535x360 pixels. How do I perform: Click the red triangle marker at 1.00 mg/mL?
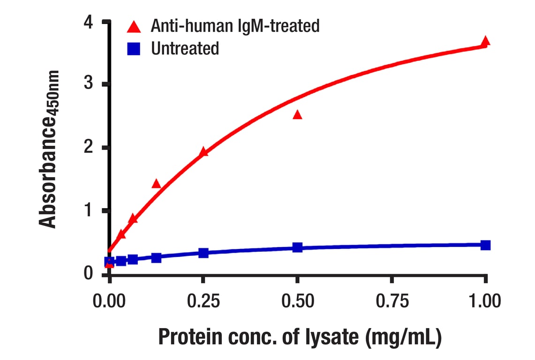(x=485, y=41)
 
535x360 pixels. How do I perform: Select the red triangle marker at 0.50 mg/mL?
(x=297, y=115)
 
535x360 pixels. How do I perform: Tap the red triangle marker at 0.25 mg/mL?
(x=203, y=152)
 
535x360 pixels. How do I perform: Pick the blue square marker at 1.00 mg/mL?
(x=485, y=245)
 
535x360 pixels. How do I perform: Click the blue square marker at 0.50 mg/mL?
(x=297, y=247)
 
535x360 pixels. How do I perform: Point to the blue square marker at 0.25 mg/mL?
(x=203, y=253)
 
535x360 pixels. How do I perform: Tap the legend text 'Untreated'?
(x=185, y=48)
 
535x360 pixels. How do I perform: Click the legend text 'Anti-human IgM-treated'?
(x=235, y=26)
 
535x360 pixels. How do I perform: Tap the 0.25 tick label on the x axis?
(x=203, y=300)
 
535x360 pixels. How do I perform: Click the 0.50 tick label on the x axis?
(x=297, y=300)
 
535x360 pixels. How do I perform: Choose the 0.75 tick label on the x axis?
(x=391, y=300)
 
